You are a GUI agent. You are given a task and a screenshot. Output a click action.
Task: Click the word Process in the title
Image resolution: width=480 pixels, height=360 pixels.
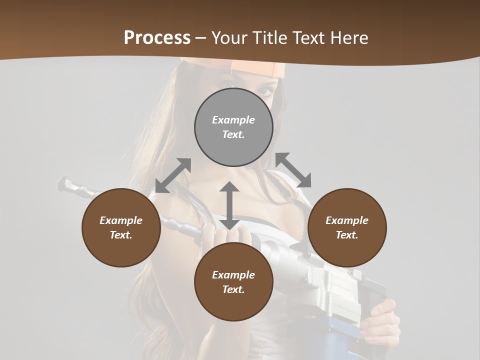pos(157,38)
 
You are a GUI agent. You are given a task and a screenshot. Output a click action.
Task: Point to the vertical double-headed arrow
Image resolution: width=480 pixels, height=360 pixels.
pos(229,206)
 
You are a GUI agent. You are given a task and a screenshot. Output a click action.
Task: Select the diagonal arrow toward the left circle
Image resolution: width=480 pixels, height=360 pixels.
pos(173,175)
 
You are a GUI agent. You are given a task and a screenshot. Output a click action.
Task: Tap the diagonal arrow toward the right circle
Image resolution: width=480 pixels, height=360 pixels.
pos(293,170)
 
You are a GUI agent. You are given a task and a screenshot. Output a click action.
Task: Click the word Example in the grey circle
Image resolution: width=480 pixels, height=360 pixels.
pos(233,120)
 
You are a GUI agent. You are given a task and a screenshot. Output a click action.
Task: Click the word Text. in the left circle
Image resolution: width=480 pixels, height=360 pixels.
pos(121,235)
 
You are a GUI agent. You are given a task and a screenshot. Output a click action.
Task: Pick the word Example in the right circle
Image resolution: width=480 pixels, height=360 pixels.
pos(347,220)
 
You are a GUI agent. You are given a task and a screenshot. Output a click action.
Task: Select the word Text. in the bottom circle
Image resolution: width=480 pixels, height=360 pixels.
pos(233,289)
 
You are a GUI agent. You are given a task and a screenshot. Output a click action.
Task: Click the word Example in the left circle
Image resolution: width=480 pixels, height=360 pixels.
pos(121,220)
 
